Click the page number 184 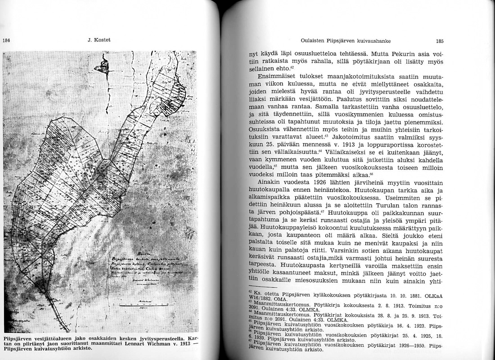[x=6, y=40]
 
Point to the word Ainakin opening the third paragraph [x=268, y=183]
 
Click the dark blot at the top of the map [x=99, y=67]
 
